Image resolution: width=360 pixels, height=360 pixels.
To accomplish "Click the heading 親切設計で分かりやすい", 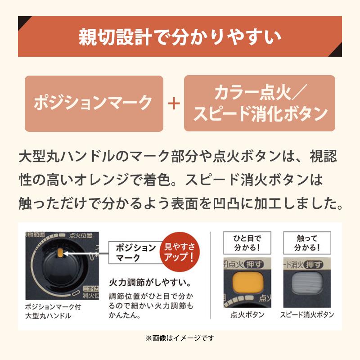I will (x=180, y=36).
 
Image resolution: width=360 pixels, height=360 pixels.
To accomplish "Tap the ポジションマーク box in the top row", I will (x=94, y=103).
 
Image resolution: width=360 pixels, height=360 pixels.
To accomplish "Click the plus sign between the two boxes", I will (x=174, y=103).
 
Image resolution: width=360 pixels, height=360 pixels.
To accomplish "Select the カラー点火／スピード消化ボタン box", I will (x=260, y=103).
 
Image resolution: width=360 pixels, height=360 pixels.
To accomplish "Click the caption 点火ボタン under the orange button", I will (x=243, y=315).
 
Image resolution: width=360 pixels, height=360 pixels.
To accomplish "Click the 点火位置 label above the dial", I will (x=81, y=235).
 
